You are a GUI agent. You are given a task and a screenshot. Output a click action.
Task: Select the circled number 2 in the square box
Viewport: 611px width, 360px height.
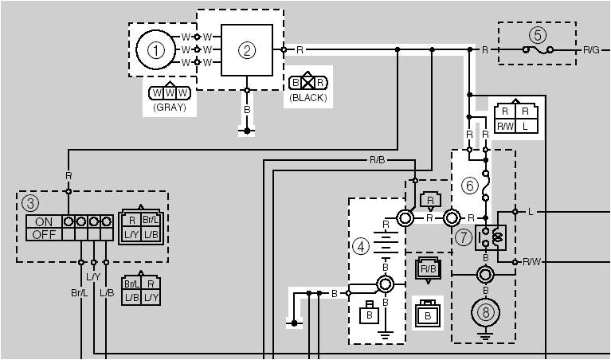[247, 50]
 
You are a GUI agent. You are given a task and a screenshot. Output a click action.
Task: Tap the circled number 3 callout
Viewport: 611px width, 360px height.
[29, 202]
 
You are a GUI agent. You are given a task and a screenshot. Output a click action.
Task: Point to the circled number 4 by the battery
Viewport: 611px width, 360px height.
[361, 247]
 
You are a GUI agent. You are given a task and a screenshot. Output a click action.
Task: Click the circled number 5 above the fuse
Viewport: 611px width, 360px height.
[539, 35]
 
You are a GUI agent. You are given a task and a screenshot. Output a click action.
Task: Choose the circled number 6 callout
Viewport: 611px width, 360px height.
[469, 186]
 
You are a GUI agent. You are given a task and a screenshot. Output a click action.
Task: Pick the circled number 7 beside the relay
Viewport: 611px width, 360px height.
[464, 237]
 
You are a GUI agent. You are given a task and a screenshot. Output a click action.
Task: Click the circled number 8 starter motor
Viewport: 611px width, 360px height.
[484, 312]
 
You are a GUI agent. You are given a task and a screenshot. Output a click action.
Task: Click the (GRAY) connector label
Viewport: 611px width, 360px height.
[169, 107]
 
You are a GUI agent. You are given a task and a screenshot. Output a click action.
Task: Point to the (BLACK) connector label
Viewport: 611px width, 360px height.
[308, 98]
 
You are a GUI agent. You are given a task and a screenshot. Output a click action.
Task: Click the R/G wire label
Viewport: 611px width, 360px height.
[591, 50]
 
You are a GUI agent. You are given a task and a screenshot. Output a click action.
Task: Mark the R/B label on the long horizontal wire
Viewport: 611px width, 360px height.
[378, 159]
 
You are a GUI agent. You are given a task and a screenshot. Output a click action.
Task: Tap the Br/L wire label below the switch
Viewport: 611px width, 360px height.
[78, 293]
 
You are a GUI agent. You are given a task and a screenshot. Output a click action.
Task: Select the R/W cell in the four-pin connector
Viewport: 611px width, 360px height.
[505, 126]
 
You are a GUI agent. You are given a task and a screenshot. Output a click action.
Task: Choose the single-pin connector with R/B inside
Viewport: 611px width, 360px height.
[428, 270]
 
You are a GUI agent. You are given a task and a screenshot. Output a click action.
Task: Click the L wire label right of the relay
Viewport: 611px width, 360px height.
[530, 211]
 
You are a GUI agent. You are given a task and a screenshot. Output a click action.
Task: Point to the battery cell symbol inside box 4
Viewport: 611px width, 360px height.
[385, 243]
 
